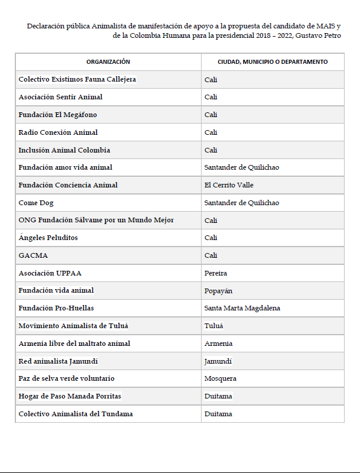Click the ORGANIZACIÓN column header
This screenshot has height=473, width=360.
108,61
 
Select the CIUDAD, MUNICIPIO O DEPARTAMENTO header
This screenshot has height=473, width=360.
273,61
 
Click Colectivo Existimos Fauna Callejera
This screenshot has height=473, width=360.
77,79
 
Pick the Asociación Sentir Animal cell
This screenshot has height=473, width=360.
60,97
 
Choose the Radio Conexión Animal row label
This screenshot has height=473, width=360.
58,132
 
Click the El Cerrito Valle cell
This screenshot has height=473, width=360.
229,185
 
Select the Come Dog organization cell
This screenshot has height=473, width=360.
36,203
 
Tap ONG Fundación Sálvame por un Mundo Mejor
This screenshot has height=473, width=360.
96,220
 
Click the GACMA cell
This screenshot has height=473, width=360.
33,255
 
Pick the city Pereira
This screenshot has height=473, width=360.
216,273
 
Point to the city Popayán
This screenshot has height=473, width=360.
218,290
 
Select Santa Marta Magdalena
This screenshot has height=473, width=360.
242,308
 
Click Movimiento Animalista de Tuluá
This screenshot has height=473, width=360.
73,326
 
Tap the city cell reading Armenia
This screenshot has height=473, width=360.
218,344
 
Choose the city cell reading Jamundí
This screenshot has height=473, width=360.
218,361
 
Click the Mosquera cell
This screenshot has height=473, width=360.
220,378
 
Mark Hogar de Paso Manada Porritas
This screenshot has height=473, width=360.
70,396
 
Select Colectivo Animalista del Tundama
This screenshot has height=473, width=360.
76,414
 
